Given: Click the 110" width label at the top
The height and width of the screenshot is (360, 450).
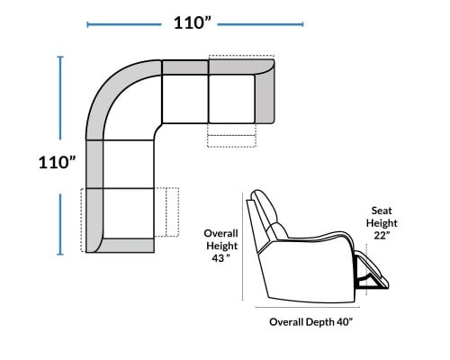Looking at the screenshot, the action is [193, 22].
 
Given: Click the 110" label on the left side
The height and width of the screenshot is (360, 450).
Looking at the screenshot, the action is [57, 163].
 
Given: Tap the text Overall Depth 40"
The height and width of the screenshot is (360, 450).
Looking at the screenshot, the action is [311, 322].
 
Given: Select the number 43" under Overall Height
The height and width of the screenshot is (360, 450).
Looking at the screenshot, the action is [221, 258].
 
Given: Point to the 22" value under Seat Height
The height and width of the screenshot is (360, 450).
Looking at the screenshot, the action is [382, 235].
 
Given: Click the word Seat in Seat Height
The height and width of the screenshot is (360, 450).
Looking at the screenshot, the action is [382, 211].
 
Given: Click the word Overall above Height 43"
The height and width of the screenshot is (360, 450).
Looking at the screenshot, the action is [221, 233].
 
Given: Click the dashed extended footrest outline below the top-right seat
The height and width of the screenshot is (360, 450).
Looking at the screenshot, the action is [231, 135].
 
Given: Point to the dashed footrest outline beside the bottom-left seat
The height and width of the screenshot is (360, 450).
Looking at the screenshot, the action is [166, 212].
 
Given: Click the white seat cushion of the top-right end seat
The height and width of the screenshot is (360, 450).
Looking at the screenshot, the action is [231, 99].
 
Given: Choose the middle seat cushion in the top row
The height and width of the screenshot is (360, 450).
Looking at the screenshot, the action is [185, 99].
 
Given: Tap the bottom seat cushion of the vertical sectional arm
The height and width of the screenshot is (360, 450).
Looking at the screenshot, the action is [129, 213].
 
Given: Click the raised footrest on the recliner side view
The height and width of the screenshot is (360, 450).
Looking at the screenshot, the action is [372, 270].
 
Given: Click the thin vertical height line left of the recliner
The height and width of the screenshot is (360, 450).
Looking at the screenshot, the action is [242, 247].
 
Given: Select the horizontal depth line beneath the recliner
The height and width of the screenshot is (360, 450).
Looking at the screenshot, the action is [308, 307].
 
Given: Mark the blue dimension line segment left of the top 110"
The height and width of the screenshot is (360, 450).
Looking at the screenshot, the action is [124, 24].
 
